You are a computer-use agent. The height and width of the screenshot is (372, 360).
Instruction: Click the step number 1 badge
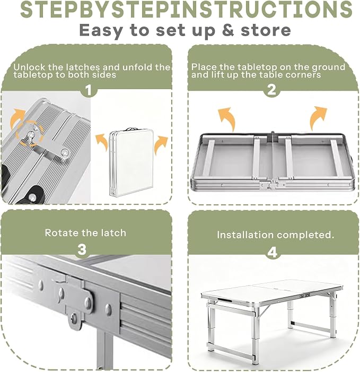pos(89,90)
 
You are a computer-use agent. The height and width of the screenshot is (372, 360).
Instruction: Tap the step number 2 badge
pos(272,90)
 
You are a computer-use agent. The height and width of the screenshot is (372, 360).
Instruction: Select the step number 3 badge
pos(82,249)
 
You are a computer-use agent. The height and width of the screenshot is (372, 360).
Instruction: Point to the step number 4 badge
pos(273,253)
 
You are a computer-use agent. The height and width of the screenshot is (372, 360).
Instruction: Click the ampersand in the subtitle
pos(228,30)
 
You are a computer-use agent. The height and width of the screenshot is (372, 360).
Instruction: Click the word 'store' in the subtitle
pos(266,30)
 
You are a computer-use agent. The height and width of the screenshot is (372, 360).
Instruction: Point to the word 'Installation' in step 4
pos(245,235)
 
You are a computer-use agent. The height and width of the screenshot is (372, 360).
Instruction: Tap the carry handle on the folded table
pos(132,129)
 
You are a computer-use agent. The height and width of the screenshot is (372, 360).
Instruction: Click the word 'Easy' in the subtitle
pos(100,31)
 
